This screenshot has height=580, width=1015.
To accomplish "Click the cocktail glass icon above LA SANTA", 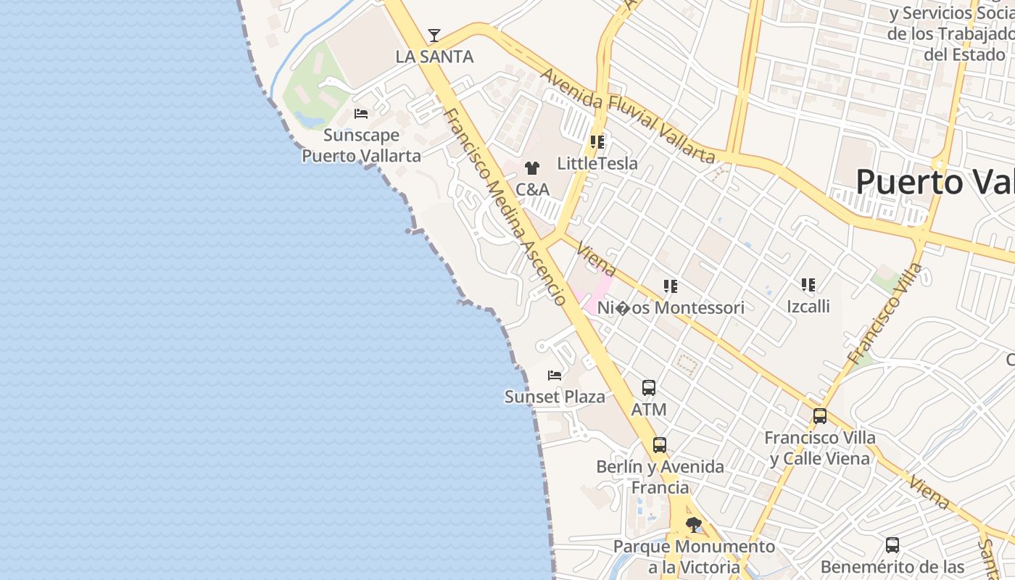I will point(434,35).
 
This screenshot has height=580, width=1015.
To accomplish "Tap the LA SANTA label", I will point(434,57).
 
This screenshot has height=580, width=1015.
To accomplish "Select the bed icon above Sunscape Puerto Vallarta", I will point(360,114).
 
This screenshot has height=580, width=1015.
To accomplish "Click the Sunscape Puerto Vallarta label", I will point(361,145).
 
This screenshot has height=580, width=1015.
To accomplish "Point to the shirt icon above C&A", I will point(532,168).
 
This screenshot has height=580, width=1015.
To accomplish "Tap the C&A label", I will point(532,190).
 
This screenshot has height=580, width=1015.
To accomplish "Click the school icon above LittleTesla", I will point(597,142).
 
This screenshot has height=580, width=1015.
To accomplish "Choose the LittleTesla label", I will point(597,164).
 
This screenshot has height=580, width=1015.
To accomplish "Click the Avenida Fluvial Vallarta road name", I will point(628,116).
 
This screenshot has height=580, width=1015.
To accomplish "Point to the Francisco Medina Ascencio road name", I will point(505,207).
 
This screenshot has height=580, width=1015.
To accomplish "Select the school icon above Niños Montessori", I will point(671,286).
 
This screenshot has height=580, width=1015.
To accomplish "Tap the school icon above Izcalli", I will point(808,285).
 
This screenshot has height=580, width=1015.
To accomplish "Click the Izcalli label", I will point(808,307).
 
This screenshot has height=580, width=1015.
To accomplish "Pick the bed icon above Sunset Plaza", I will point(555,376).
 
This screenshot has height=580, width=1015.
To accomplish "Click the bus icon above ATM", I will point(649,388).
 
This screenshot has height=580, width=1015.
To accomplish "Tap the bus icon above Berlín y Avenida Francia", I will point(660,445).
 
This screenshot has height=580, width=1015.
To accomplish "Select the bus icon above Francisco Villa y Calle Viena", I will point(820,416).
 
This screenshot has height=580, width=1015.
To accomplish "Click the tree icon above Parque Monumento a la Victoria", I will point(694,524).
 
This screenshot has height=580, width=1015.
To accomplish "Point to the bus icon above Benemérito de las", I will point(892,544).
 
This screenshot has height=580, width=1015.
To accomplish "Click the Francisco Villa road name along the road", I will point(886,315).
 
